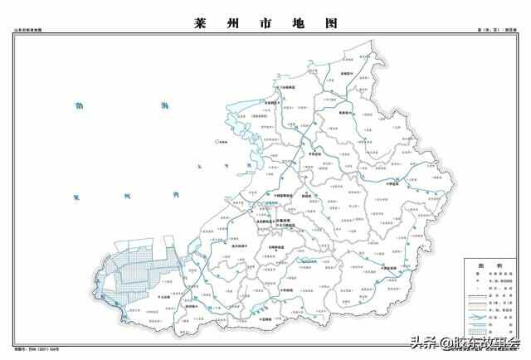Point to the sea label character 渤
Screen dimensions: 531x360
[80, 106]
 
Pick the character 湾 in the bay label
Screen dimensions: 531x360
[176, 196]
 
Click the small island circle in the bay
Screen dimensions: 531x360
[217, 142]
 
